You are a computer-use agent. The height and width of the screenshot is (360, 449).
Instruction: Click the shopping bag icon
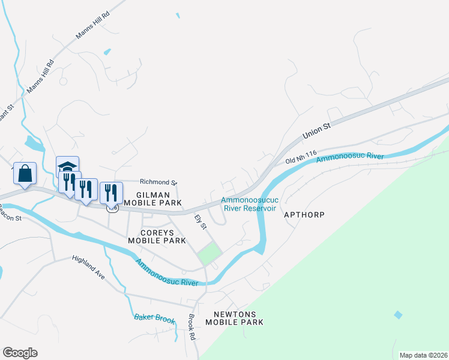(25, 174)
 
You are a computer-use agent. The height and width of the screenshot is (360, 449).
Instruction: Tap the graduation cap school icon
(67, 166)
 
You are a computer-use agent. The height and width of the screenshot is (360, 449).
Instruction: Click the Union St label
(317, 131)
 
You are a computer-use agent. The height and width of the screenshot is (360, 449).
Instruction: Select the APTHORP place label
(304, 214)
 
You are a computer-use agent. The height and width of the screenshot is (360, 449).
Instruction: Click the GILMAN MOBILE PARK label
(158, 199)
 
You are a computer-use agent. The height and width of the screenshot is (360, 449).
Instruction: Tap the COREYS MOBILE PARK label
(157, 236)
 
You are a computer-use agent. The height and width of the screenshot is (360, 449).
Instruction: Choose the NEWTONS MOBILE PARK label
(235, 318)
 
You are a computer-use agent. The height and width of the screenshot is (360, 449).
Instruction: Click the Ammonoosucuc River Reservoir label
(249, 205)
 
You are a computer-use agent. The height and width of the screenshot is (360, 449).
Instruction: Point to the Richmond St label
(158, 182)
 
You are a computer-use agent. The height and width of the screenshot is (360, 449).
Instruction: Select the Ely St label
(200, 222)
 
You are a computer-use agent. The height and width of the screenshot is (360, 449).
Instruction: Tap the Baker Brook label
(154, 319)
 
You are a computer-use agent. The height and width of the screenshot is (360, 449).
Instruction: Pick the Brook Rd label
(192, 327)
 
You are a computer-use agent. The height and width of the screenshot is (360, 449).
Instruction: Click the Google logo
(20, 353)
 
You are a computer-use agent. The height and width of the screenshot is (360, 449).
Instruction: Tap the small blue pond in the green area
(397, 314)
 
